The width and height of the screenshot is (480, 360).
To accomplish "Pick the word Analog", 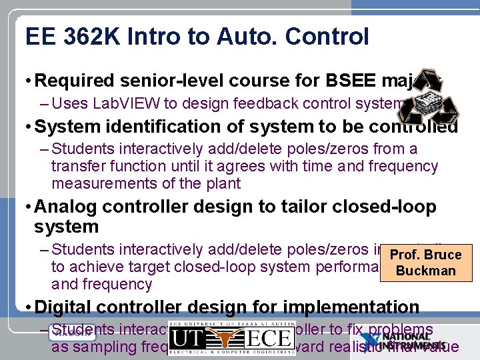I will coord(64,207).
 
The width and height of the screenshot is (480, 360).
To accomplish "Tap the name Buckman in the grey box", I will coord(425,271).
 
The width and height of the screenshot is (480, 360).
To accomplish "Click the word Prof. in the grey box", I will coord(405,255).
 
